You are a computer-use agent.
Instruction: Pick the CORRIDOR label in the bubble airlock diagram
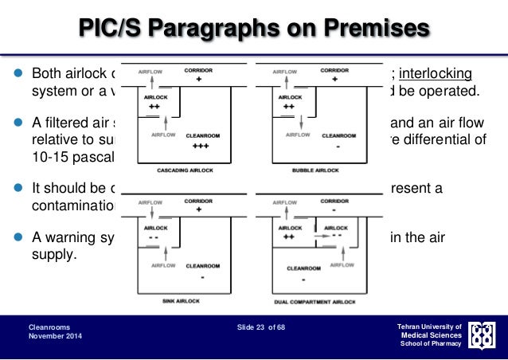(x=334, y=70)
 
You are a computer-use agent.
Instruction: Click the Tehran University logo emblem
(x=484, y=335)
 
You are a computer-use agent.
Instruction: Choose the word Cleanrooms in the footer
(x=49, y=327)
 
